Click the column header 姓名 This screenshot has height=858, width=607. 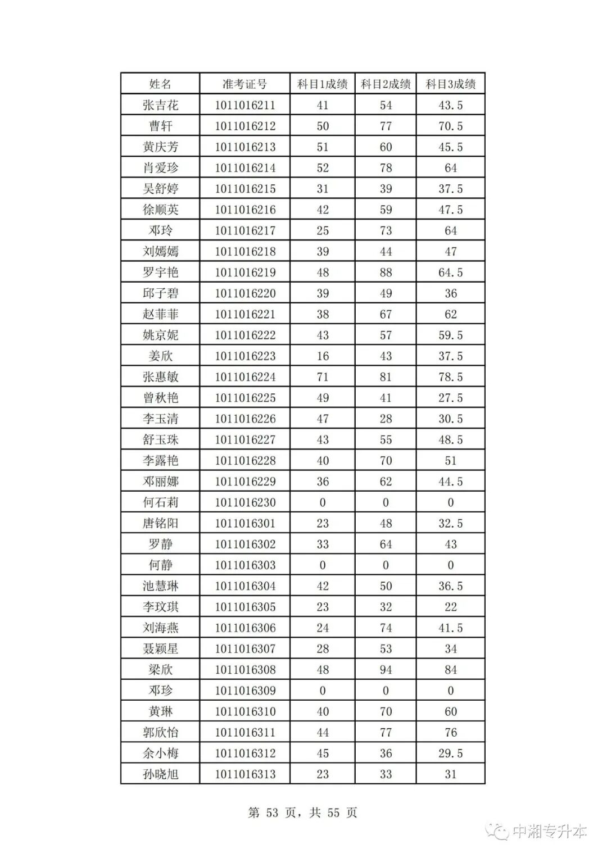click(160, 84)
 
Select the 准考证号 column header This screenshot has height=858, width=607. click(244, 84)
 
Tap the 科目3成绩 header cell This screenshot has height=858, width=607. click(450, 84)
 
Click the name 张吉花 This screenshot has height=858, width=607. click(160, 105)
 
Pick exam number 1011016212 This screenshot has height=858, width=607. click(245, 126)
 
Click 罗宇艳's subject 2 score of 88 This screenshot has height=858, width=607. click(386, 273)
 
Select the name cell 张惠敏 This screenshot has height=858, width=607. click(160, 377)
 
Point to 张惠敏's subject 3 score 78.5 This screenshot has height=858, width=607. click(450, 377)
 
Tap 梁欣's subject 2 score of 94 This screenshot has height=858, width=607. click(386, 670)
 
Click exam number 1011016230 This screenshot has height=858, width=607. click(245, 502)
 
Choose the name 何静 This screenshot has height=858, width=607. click(160, 565)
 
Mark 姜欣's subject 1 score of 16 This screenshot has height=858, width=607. click(323, 356)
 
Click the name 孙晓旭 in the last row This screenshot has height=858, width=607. click(160, 774)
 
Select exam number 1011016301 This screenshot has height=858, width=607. click(245, 523)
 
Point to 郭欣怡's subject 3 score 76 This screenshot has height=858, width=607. click(450, 733)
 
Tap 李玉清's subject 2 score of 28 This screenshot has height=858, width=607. click(386, 419)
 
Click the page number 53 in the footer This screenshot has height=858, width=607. click(273, 813)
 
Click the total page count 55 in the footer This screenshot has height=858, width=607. click(333, 813)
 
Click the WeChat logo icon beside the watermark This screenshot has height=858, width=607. click(498, 831)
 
